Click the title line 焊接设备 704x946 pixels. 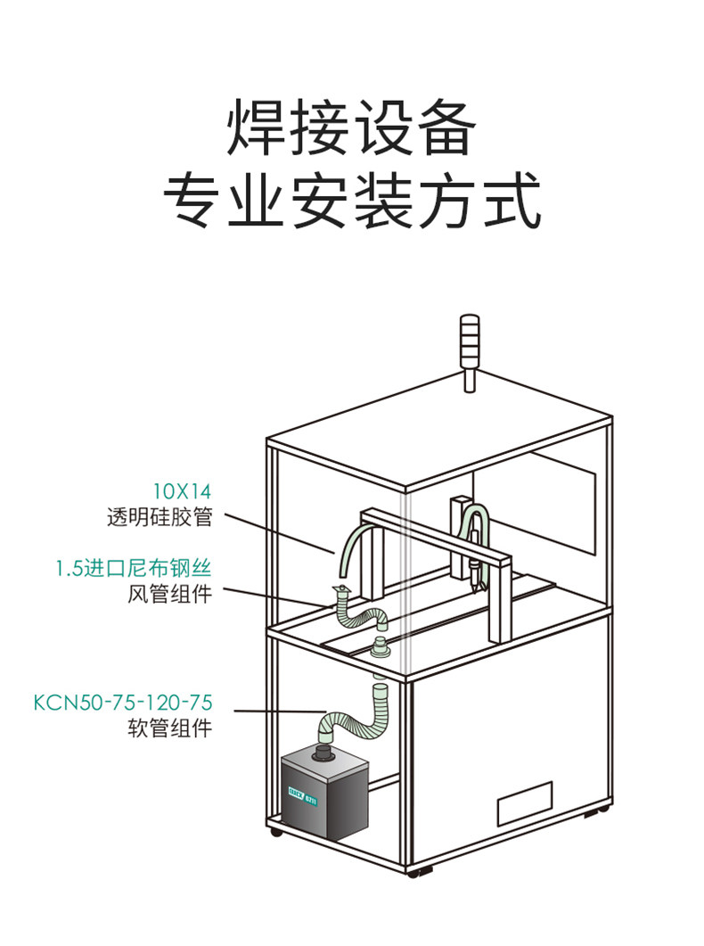pyautogui.click(x=351, y=128)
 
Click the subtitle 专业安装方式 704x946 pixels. pyautogui.click(x=351, y=202)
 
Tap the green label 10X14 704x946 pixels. pyautogui.click(x=182, y=491)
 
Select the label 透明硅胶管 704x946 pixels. pyautogui.click(x=160, y=518)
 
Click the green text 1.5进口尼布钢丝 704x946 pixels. pyautogui.click(x=134, y=568)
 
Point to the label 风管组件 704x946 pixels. pyautogui.click(x=170, y=595)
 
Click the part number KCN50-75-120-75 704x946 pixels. pyautogui.click(x=123, y=703)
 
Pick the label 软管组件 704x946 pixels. pyautogui.click(x=170, y=728)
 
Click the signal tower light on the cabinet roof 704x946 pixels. pyautogui.click(x=470, y=352)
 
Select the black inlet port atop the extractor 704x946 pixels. pyautogui.click(x=323, y=754)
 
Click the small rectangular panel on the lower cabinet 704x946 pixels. pyautogui.click(x=525, y=803)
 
